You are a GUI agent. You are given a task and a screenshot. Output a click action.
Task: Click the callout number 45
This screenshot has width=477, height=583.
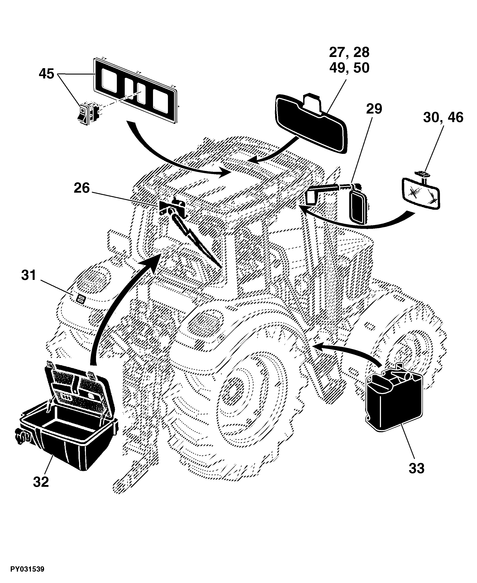[46, 74]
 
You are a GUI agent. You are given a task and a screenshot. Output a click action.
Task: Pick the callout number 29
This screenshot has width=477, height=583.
[374, 109]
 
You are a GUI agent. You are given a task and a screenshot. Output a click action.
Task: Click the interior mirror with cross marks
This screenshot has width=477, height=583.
[421, 193]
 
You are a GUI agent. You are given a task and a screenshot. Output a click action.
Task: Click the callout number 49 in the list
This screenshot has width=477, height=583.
[337, 68]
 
